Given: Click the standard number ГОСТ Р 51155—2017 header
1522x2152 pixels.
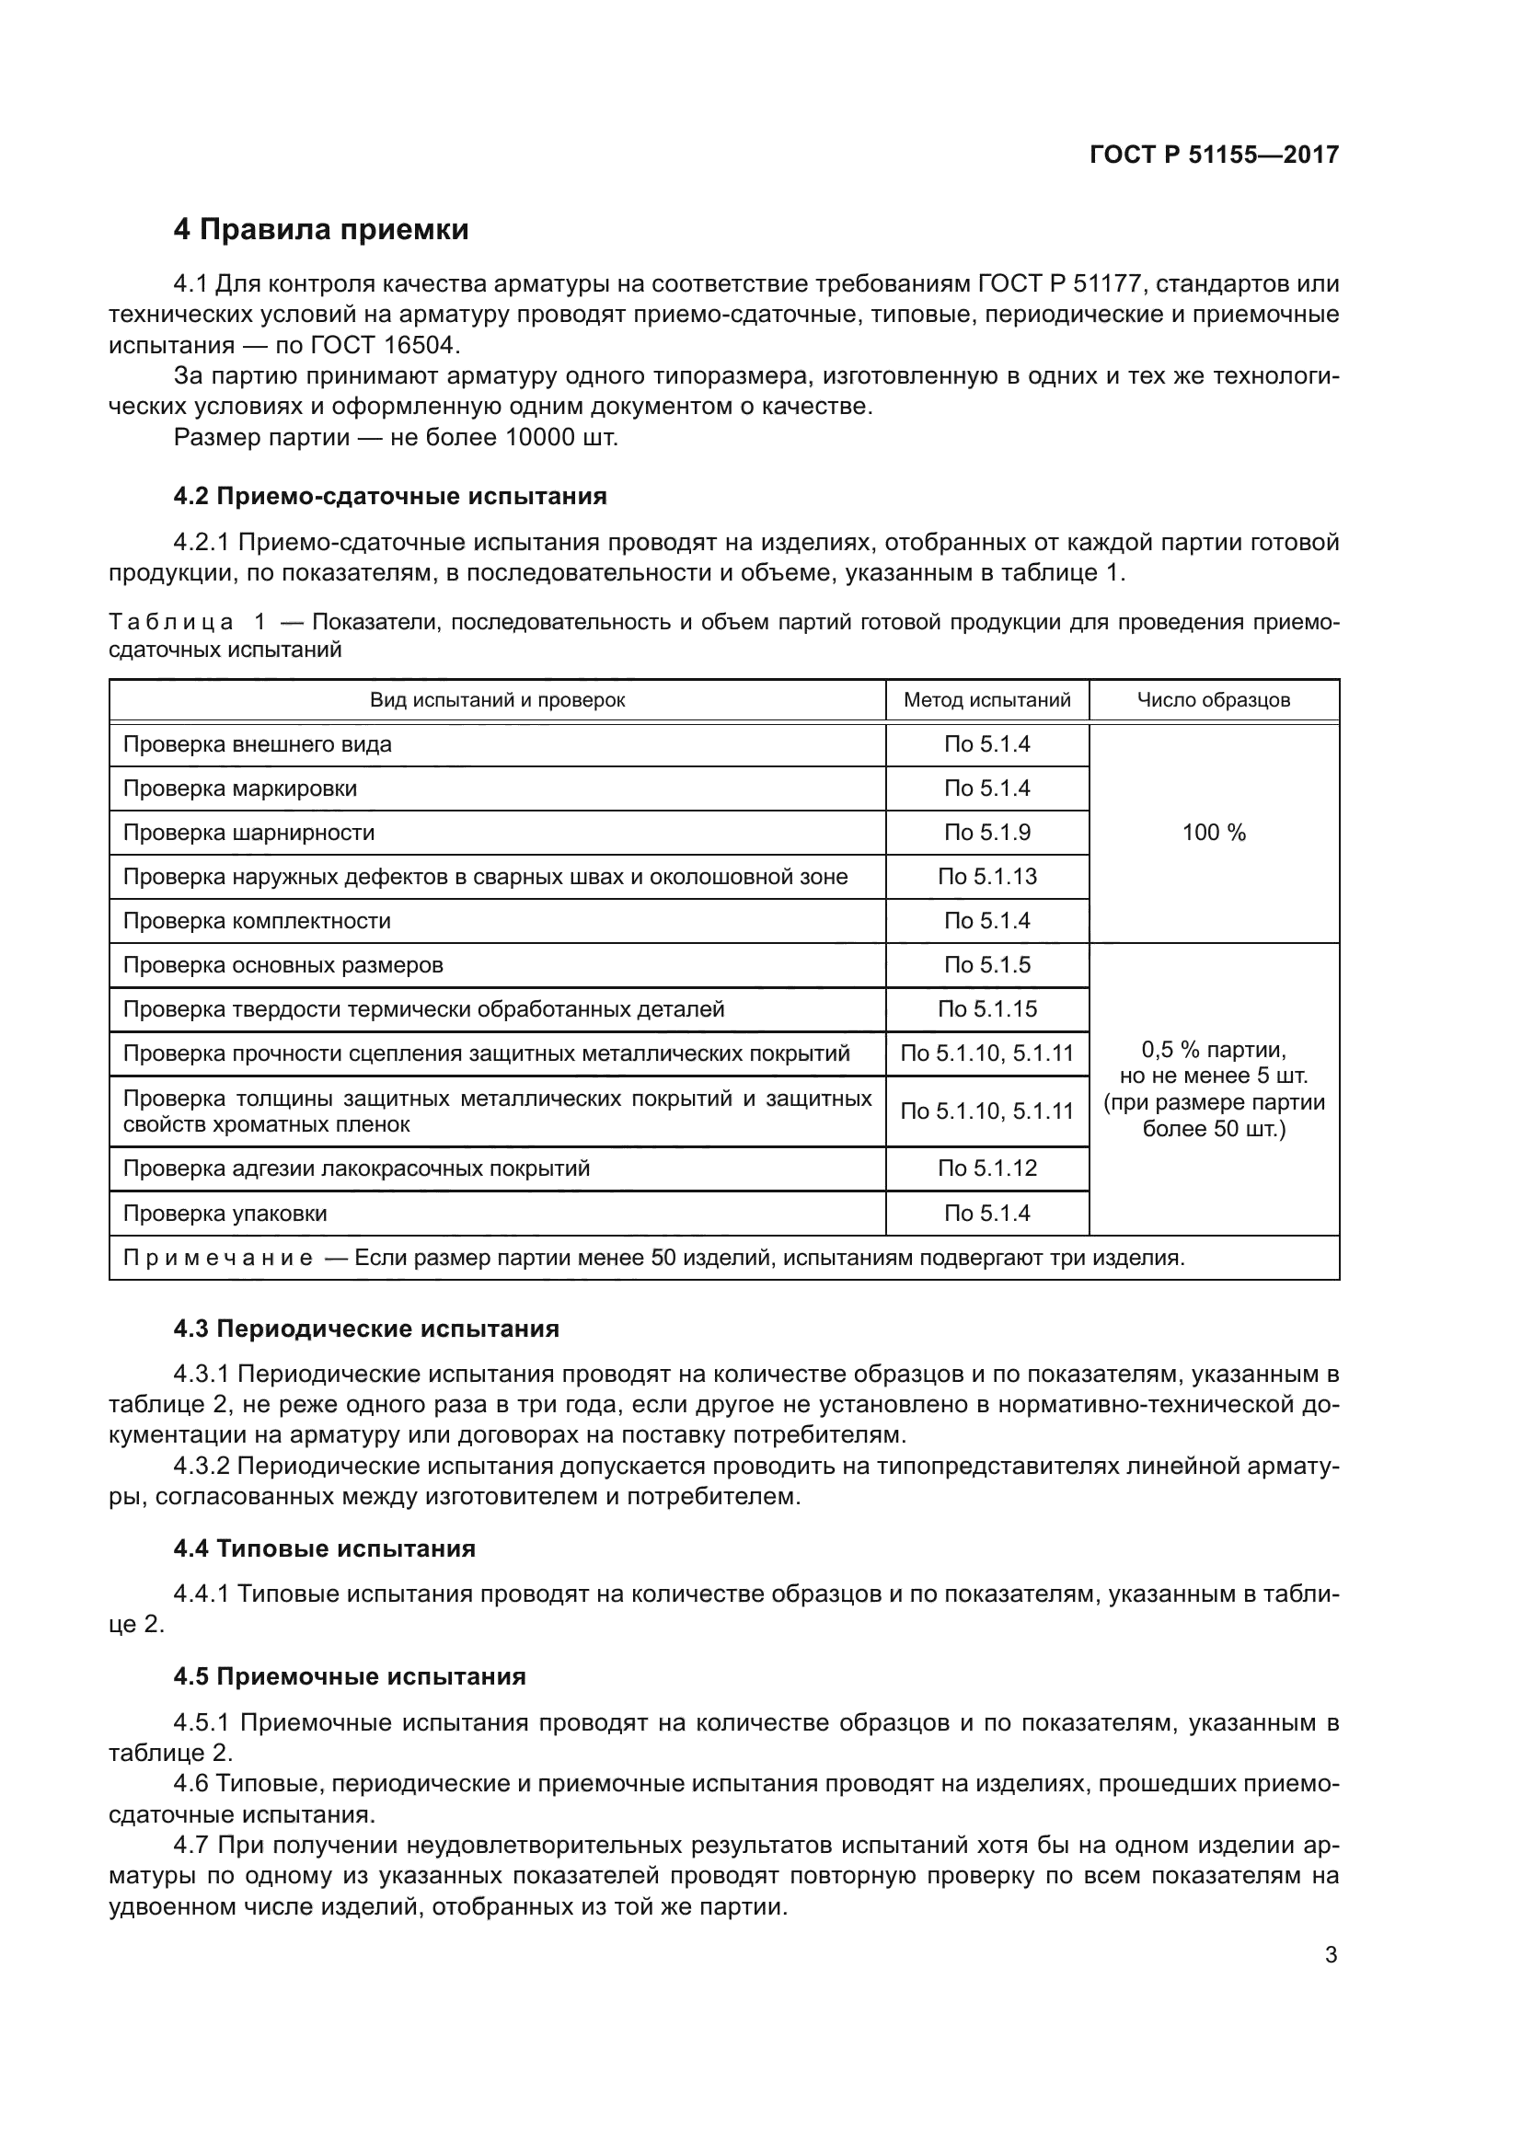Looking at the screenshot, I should [1214, 155].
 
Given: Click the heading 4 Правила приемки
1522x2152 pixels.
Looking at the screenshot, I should [320, 230].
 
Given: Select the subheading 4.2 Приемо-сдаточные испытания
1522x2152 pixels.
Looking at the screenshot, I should [390, 496].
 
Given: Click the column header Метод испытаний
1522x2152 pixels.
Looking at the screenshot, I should [986, 700].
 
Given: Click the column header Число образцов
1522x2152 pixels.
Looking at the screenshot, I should [1213, 700].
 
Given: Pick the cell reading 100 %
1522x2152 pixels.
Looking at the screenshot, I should [1213, 833].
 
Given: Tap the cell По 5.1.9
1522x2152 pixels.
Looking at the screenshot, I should [986, 833].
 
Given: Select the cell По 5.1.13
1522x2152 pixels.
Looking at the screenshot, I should [986, 877].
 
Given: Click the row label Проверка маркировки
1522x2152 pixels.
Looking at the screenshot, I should [240, 788].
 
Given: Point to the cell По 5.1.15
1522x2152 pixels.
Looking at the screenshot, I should [986, 1009].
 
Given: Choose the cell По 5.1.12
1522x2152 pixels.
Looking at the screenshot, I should [986, 1168].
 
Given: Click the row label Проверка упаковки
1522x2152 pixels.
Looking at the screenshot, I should [225, 1214].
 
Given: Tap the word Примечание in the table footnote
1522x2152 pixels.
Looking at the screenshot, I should [217, 1258].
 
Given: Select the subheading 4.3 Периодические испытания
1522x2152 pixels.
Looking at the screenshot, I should [365, 1329].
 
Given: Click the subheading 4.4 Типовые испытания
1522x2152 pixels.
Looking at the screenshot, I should [324, 1548].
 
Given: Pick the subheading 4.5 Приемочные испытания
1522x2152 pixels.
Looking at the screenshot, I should [350, 1677].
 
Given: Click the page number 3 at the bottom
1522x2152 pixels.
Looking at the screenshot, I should [1331, 1955].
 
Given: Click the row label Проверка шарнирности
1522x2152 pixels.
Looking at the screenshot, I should [248, 833].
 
